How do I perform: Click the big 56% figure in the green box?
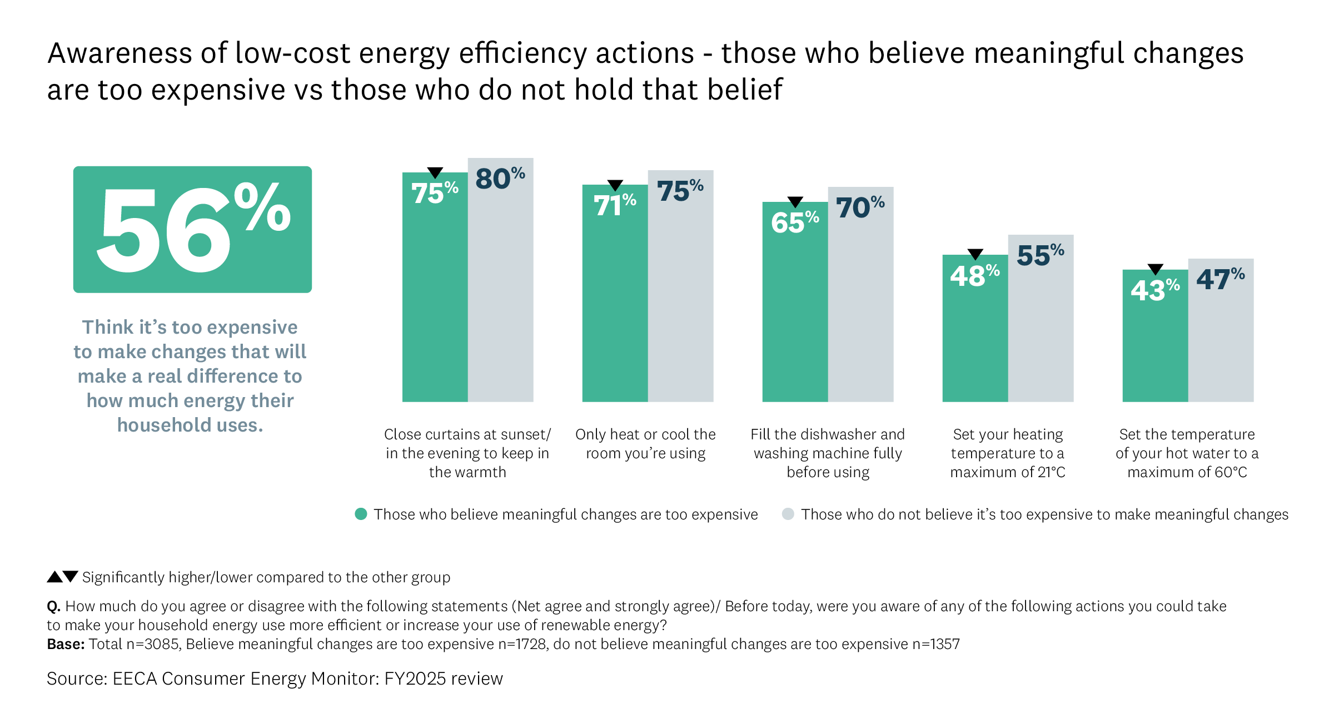point(192,229)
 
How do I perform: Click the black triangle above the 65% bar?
point(795,201)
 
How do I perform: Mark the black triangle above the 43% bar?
point(1156,269)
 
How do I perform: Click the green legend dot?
point(361,514)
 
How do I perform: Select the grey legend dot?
point(788,514)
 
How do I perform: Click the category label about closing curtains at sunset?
point(467,453)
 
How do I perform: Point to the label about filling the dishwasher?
point(828,453)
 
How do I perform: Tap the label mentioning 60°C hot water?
point(1187,453)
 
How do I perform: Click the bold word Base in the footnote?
point(65,644)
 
